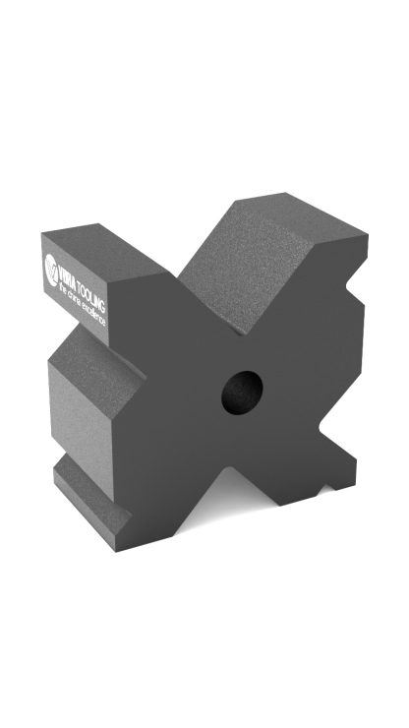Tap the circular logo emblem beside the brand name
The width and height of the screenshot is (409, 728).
(52, 266)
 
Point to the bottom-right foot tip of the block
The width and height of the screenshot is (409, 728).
(339, 482)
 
